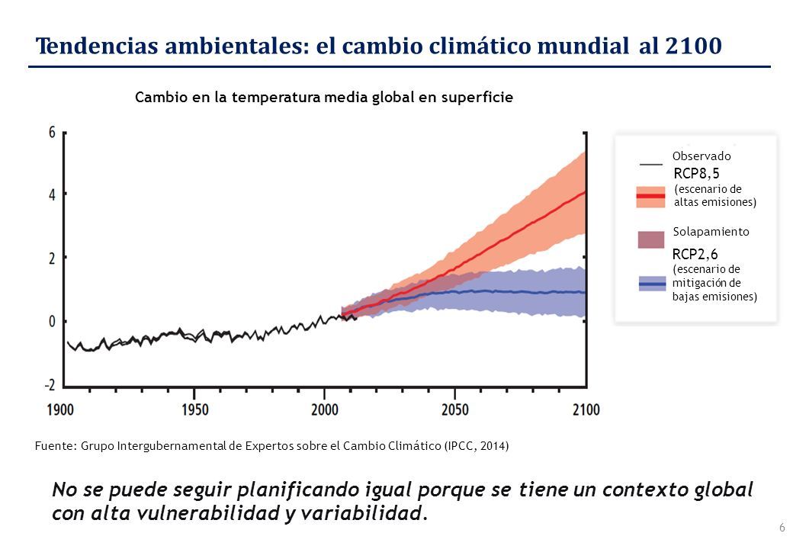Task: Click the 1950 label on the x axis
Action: (194, 409)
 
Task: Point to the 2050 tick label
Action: (455, 409)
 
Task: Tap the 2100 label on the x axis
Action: (586, 409)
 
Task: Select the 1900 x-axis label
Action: (60, 409)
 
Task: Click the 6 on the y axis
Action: (52, 133)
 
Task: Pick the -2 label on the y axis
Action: (50, 385)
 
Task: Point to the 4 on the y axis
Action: (52, 195)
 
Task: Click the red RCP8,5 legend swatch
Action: (651, 196)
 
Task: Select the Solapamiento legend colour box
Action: (651, 239)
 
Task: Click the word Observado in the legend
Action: (701, 156)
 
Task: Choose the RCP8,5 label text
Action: (696, 173)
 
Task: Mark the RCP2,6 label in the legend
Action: (695, 254)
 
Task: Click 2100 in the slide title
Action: (693, 46)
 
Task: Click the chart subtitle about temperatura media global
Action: (324, 97)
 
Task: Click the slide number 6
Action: (782, 527)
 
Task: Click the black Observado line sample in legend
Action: (651, 164)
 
